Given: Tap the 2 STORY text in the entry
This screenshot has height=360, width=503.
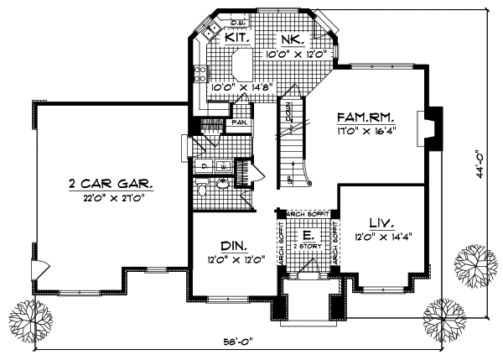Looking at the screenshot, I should (308, 247).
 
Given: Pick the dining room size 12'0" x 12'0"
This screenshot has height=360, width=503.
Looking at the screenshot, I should (236, 259).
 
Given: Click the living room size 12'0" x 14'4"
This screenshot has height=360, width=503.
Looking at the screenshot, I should (383, 236).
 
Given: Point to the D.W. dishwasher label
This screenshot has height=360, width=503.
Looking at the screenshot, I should (214, 24).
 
